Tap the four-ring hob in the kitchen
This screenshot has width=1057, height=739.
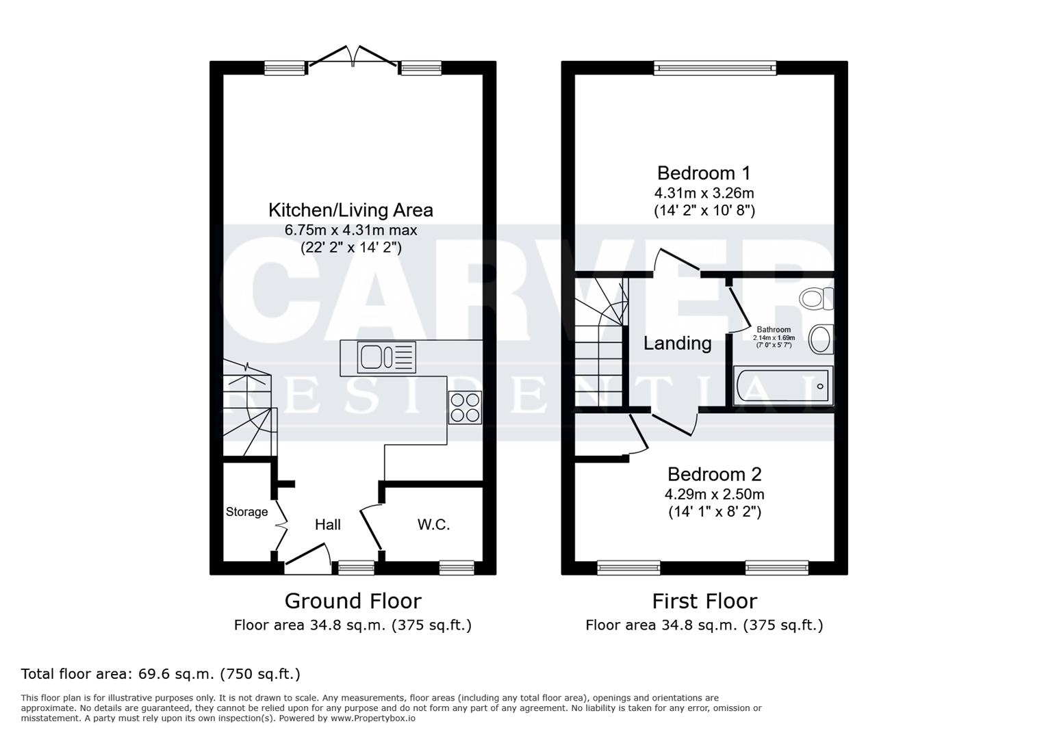465,407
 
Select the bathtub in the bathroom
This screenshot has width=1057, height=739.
783,386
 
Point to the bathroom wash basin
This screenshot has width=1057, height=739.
821,339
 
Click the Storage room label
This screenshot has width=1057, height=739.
246,512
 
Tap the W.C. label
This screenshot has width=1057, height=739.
433,525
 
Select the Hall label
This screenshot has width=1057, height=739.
327,525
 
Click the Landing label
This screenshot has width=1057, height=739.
677,343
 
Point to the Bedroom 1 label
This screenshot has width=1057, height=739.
704,173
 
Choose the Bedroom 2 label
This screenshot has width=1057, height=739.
714,474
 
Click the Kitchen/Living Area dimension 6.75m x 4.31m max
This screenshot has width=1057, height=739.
351,230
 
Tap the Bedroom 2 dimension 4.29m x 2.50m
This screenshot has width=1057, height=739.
714,494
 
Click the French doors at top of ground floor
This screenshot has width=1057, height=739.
353,57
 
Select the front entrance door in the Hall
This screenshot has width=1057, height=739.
307,556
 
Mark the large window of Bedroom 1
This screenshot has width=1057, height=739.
715,67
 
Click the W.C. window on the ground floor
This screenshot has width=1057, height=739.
457,567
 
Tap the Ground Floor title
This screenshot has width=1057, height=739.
353,601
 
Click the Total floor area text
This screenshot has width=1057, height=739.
161,674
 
